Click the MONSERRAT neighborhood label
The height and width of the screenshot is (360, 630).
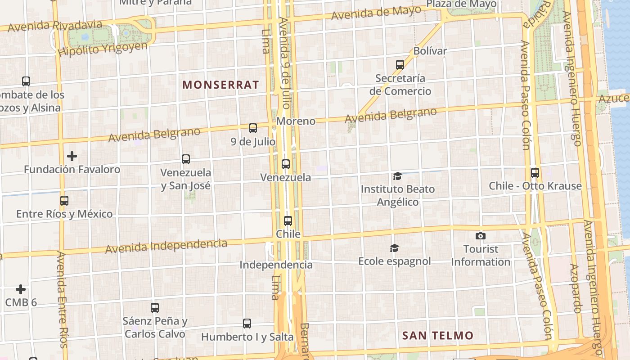click(x=220, y=85)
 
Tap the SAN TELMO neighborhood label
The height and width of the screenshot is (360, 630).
click(x=437, y=335)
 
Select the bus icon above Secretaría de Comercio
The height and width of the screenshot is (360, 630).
click(x=400, y=65)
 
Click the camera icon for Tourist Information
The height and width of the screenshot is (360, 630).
click(x=480, y=236)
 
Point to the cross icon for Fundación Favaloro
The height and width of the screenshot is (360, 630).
click(x=72, y=156)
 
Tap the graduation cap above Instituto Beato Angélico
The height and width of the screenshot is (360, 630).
click(x=397, y=175)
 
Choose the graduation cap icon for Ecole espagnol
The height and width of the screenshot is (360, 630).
click(x=394, y=248)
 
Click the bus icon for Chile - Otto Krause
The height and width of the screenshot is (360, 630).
click(x=535, y=172)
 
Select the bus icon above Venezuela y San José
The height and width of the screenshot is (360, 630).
click(x=185, y=159)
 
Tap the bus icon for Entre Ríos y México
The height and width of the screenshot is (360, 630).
click(x=64, y=201)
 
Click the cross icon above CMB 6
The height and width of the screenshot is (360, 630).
click(x=21, y=289)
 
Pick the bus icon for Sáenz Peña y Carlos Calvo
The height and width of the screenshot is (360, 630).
click(x=154, y=308)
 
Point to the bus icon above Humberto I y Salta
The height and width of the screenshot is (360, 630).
click(x=247, y=323)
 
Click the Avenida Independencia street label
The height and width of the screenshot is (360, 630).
click(x=166, y=246)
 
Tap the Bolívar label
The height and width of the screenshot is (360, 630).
click(x=430, y=51)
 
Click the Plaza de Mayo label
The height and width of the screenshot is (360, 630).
click(x=461, y=4)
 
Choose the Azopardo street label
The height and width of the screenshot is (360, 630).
click(x=575, y=288)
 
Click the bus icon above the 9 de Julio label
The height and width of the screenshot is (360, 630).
click(x=253, y=128)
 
